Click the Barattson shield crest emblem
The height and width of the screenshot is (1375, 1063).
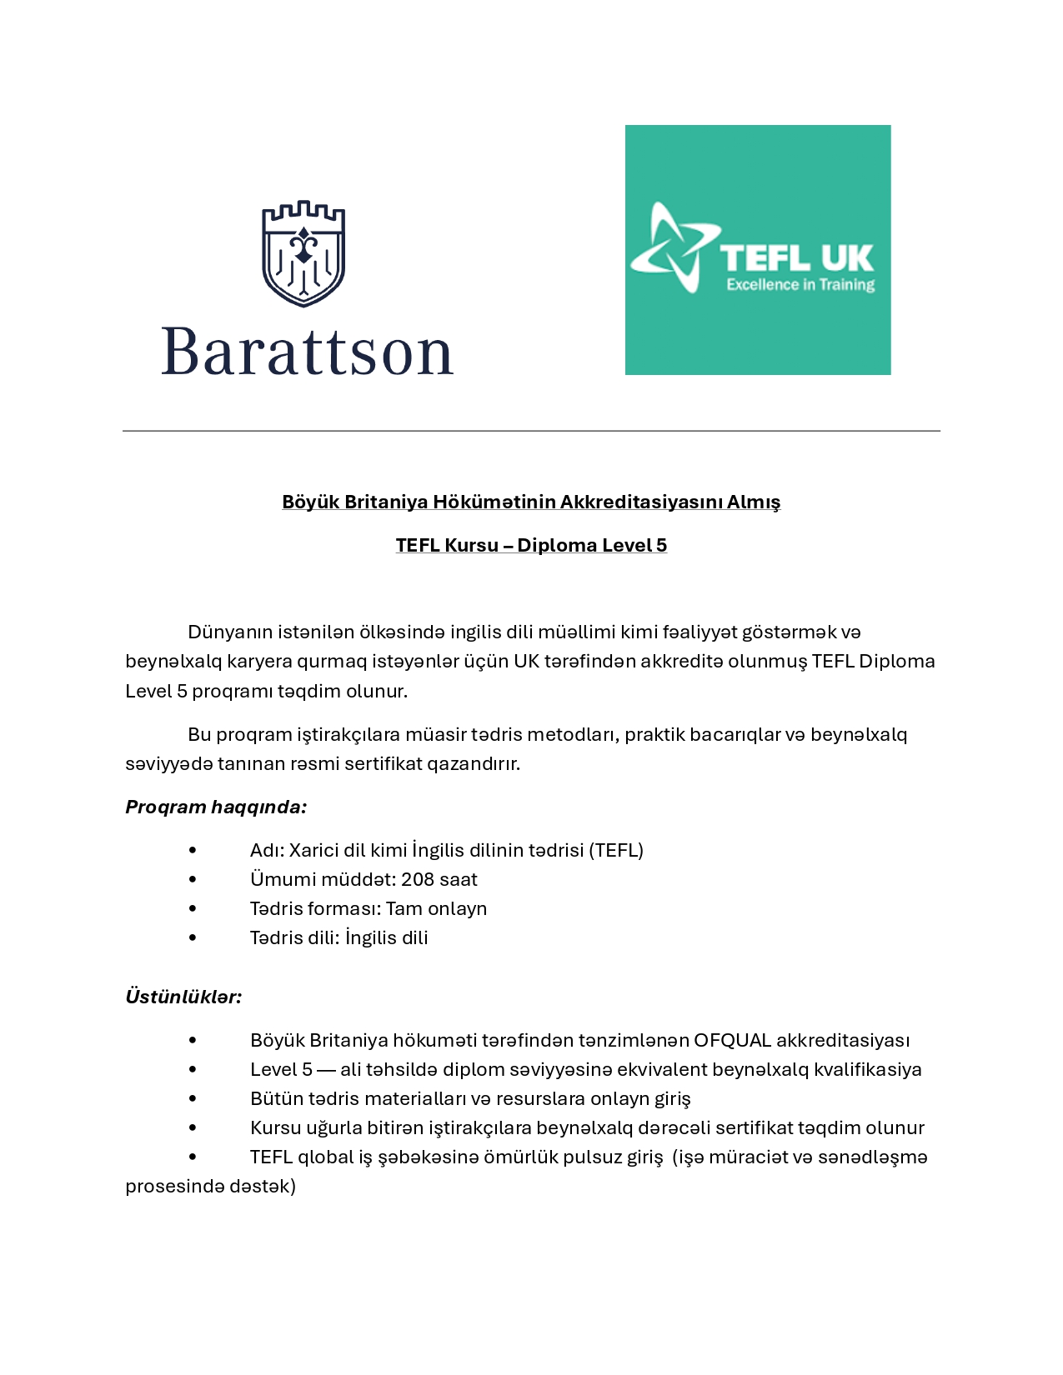tap(303, 253)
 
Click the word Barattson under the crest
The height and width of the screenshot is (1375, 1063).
tap(307, 352)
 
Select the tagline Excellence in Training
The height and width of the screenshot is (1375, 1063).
tap(800, 285)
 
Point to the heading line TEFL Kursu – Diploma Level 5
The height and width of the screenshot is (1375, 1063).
tap(531, 545)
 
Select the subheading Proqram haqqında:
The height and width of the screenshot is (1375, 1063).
tap(216, 807)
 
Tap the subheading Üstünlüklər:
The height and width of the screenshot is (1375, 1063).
tap(183, 997)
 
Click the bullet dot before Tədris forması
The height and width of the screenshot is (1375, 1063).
tap(193, 908)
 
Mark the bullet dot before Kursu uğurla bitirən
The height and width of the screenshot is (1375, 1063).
tap(193, 1127)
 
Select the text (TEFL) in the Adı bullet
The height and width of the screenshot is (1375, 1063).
tap(616, 850)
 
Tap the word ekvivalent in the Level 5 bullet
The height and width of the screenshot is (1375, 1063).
tap(662, 1069)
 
